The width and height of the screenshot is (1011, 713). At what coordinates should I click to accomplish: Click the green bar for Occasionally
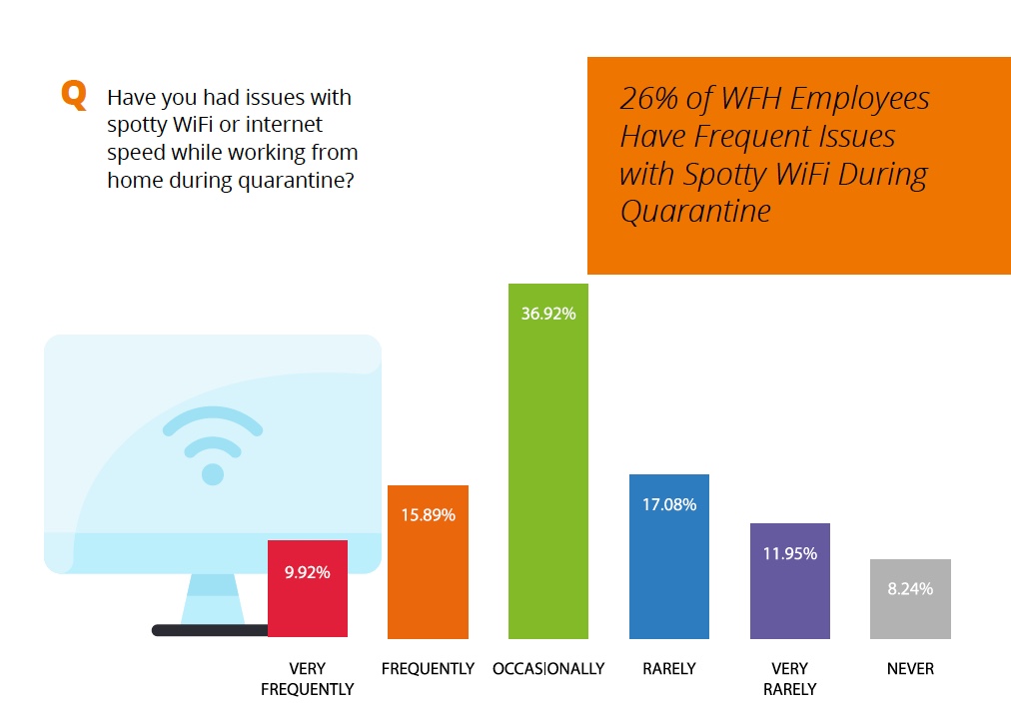(548, 461)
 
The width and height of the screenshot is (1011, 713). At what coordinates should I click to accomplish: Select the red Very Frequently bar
(308, 588)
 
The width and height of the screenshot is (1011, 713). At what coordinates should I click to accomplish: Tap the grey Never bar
(910, 599)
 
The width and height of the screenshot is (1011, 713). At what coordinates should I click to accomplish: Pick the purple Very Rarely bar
(790, 581)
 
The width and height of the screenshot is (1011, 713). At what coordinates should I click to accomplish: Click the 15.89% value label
(429, 515)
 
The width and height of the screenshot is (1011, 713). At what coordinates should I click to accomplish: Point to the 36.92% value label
(548, 314)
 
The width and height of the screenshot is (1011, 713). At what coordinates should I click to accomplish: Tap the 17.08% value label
(669, 504)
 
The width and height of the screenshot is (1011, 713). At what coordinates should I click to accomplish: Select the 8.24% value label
(910, 588)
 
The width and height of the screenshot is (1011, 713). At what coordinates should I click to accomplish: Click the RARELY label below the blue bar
(669, 669)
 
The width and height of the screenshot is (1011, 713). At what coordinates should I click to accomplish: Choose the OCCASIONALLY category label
(548, 669)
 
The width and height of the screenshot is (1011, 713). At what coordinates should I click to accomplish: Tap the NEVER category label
(910, 669)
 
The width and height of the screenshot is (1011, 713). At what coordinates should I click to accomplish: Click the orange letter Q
(74, 96)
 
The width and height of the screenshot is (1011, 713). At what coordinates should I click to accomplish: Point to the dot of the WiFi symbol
(213, 474)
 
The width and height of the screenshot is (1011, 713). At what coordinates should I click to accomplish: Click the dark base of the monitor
(210, 630)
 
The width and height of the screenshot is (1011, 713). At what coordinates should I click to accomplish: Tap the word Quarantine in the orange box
(695, 212)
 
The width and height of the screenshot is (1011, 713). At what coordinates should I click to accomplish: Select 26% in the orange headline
(648, 99)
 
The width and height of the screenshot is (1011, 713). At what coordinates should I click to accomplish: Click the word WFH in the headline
(751, 99)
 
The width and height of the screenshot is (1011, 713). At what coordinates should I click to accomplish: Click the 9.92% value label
(308, 572)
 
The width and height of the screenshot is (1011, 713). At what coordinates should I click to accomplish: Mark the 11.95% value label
(790, 554)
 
